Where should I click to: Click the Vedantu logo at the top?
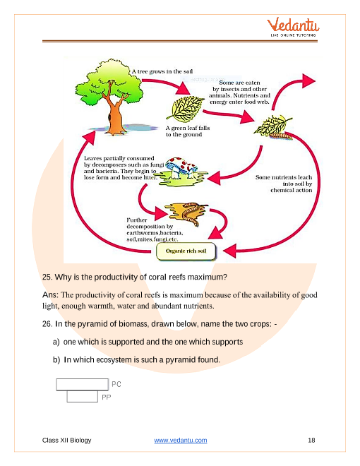(x=293, y=27)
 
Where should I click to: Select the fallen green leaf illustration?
(x=185, y=109)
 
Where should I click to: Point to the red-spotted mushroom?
(x=181, y=167)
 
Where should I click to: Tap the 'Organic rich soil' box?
(x=186, y=251)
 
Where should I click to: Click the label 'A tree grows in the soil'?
(x=162, y=71)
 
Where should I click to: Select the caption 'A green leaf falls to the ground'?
(x=188, y=131)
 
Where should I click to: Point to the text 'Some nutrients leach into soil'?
(x=284, y=180)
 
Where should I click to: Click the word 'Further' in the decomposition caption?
(x=137, y=220)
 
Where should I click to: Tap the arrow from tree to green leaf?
(x=166, y=85)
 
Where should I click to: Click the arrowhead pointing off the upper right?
(x=308, y=80)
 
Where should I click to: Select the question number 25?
(x=47, y=277)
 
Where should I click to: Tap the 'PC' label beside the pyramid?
(x=116, y=384)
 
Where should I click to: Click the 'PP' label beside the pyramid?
(x=107, y=398)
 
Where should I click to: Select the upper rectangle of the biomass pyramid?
(x=83, y=384)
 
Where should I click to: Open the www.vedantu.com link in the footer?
(x=181, y=440)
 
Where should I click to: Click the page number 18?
(x=311, y=440)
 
